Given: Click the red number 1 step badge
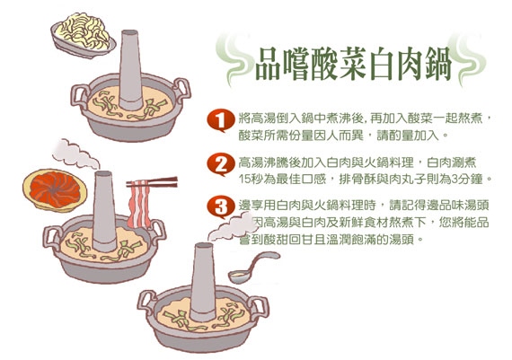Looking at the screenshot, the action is (221, 120).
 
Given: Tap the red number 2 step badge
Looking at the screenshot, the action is (221, 164).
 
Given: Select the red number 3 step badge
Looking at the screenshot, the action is (221, 207).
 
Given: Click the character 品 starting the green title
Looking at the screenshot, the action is (268, 64).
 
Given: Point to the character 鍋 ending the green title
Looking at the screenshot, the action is (438, 64).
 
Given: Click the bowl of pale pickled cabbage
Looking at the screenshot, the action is (84, 36).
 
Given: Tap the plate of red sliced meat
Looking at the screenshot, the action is (55, 190).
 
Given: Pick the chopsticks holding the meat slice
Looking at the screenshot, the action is (152, 182).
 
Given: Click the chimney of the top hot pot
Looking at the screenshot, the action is (130, 69).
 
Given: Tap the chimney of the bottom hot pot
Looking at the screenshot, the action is (203, 282).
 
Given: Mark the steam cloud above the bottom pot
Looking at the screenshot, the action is (230, 227).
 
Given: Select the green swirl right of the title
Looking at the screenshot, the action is (468, 60).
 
